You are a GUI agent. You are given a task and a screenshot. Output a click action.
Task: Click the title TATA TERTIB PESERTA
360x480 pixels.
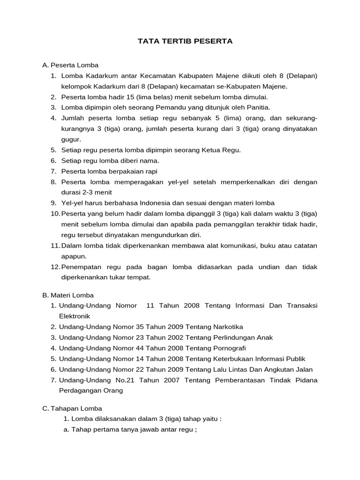click(185, 41)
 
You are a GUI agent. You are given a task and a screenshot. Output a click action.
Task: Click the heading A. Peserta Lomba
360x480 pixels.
click(70, 65)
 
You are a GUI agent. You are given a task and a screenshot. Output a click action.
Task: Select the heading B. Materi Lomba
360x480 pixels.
click(68, 295)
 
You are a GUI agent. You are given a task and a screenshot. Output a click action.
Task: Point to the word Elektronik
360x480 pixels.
click(74, 316)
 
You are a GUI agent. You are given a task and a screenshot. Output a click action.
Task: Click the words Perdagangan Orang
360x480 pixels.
click(91, 390)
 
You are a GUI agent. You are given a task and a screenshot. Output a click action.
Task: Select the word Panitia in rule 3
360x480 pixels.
click(258, 107)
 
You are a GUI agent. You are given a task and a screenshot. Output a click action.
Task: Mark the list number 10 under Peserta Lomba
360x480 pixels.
click(55, 213)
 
